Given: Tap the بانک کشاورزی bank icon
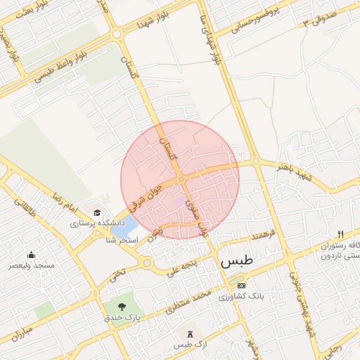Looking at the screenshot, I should tap(241, 285).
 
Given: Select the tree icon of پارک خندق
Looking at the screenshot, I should tap(122, 307).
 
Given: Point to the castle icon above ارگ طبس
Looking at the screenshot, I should tap(189, 333).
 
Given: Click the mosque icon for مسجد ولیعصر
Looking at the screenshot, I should tap(31, 255).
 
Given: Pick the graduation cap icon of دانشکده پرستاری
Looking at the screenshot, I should tap(97, 212).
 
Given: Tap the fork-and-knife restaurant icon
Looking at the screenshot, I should tap(341, 234).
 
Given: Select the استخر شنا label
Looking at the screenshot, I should tap(120, 241).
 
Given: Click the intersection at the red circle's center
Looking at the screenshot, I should tap(181, 179).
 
